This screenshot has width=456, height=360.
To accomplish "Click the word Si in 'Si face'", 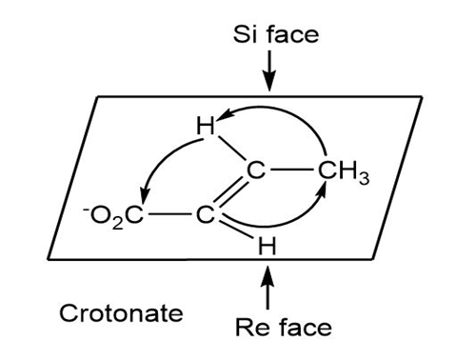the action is coord(246,34).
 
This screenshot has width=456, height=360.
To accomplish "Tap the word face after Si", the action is coord(293,34).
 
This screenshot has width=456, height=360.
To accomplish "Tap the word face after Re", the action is coord(306,327).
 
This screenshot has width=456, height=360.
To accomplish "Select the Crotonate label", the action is coord(121,313).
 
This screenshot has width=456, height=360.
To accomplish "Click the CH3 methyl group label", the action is coord(344,172).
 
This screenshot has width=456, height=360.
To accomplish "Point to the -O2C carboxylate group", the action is coord(113,216).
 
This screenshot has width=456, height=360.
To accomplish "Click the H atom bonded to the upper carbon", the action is coord(206,126).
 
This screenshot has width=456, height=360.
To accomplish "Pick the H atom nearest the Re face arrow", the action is coord(268,246).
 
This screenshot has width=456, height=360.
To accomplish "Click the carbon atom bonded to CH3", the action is coord(255,170).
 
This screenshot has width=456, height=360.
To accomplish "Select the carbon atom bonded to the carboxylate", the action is coord(206,215).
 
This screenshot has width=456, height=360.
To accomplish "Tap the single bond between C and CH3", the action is coord(291,170).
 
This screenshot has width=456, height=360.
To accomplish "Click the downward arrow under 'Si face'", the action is coord(269,70).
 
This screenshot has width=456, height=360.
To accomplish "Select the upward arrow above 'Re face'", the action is coord(268,288).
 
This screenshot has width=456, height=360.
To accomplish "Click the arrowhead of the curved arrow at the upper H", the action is coord(224,114).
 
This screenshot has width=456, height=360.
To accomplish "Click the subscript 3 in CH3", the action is coord(365,179).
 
